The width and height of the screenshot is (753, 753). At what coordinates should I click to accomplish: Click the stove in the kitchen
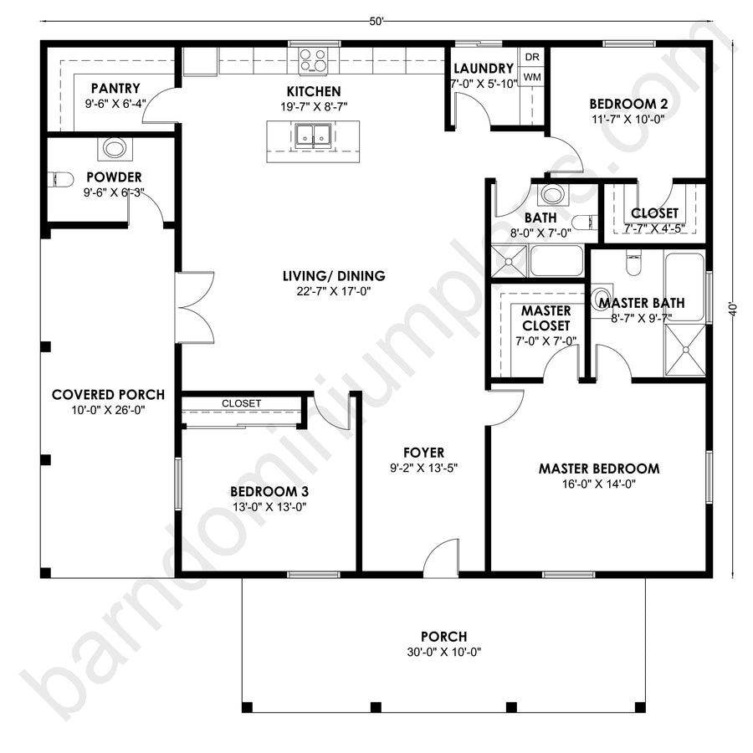pos(313,61)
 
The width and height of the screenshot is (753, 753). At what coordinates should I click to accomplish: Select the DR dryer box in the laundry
pos(531,57)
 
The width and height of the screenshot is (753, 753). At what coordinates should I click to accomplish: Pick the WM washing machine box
pos(531,77)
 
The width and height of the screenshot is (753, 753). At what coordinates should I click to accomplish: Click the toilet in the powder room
pos(62,180)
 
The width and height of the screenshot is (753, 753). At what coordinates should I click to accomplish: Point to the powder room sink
pos(115,148)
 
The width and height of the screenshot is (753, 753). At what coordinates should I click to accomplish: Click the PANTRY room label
pos(115,89)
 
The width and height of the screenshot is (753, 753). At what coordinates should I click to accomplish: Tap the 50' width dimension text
pos(377,22)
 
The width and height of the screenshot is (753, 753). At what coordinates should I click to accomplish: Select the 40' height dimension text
pos(732,310)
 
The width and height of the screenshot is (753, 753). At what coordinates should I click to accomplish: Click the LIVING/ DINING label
pos(334,276)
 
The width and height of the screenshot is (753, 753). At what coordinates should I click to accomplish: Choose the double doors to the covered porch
pos(194,307)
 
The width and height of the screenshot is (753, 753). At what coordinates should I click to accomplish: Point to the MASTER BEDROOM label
pos(599,469)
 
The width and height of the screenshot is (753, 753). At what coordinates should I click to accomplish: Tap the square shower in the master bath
pos(686,350)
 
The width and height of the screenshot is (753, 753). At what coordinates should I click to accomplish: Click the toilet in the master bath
pos(633,264)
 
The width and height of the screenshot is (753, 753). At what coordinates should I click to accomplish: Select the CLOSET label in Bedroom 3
pos(241,403)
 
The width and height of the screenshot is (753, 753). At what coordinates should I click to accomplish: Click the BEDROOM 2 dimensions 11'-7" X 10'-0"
pos(628,119)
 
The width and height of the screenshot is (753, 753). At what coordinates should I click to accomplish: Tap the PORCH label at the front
pos(443,637)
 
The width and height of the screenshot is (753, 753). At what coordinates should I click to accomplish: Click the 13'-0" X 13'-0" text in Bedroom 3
pos(269,507)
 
